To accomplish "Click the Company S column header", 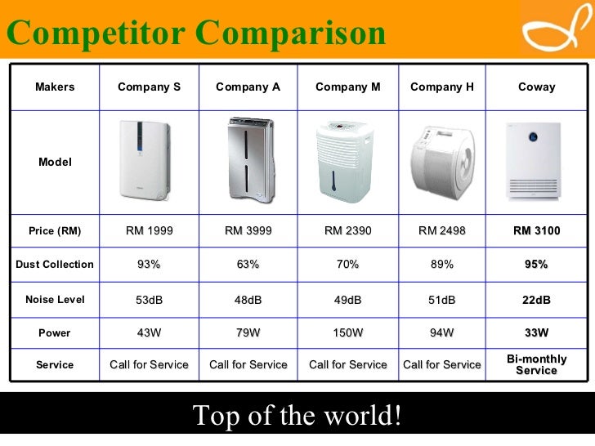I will coord(149,87).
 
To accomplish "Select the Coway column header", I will coord(536,87).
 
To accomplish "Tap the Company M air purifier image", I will coord(347,162).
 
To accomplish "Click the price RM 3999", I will coord(248,231).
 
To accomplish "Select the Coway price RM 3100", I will coord(536,231).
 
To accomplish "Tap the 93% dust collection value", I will coord(149,265).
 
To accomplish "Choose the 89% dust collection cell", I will coord(441,265).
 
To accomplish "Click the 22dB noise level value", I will coord(536,300).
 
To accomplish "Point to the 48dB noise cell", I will coord(248,300).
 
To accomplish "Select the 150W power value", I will coord(347,333).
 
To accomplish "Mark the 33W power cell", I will coord(536,333).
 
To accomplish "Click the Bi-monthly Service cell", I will coord(536,365).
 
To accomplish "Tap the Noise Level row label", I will coord(55,300).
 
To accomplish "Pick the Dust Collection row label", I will coord(55,265).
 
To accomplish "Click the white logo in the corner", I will coord(553,30).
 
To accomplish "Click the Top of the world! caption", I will coord(297,416).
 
